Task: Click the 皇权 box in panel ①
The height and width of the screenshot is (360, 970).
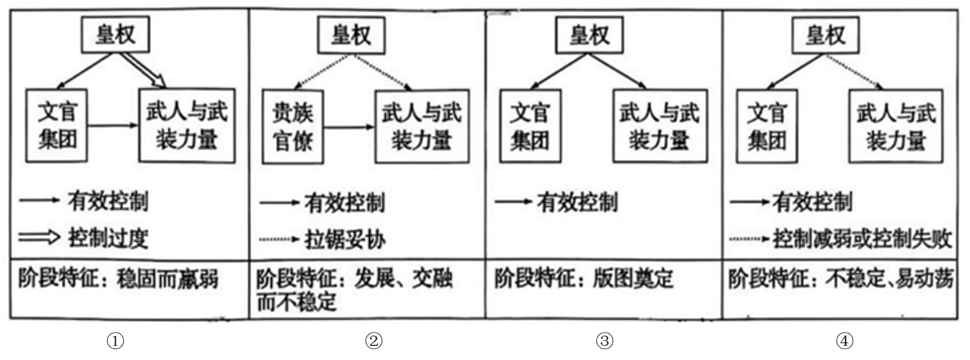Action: tap(115, 35)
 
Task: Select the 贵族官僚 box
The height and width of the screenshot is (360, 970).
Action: tap(293, 127)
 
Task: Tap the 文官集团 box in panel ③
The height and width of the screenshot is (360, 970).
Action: tap(530, 126)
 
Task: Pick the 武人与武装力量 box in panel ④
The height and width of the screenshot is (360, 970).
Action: tap(895, 126)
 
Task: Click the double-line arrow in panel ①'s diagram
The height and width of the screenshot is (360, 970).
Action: tap(144, 70)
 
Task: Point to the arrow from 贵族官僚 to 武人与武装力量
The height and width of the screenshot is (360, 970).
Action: tap(349, 127)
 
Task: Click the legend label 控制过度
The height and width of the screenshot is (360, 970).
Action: tap(108, 238)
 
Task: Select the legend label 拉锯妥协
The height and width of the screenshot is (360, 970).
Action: tap(345, 239)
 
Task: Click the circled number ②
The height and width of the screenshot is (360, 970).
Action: tap(374, 341)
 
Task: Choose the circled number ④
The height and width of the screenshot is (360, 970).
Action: tap(845, 341)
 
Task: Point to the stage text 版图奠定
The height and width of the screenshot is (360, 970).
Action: tap(633, 279)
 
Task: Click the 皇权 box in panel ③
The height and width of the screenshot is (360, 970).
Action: tap(589, 35)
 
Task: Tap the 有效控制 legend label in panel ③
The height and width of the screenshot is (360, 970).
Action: tap(577, 202)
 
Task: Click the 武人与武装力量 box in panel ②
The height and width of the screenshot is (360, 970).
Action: tap(422, 126)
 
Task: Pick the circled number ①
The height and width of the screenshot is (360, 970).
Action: tap(115, 341)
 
